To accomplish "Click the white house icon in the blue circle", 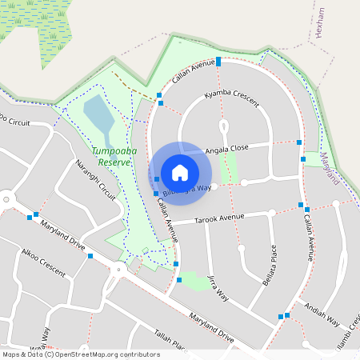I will click(x=180, y=172).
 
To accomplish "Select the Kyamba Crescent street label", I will click(x=231, y=98).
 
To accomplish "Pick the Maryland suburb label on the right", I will click(x=330, y=168).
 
